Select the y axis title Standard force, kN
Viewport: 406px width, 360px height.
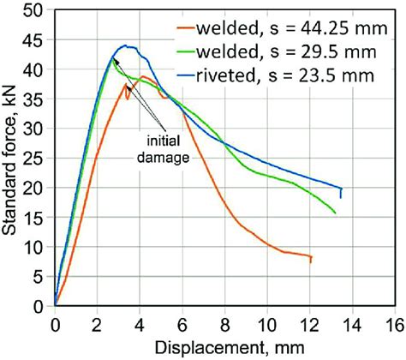[12, 159]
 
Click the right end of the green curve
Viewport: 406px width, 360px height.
[335, 213]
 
